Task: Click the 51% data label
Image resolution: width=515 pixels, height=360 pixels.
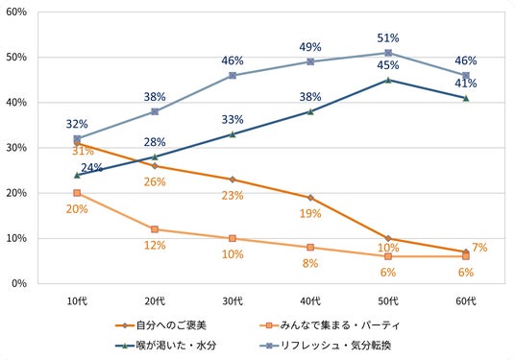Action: (x=388, y=38)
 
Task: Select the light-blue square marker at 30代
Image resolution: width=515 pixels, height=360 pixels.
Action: (x=233, y=76)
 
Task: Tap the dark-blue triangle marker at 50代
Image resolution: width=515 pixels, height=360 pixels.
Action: (x=388, y=80)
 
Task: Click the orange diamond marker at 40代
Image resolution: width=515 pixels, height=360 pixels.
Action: (x=310, y=198)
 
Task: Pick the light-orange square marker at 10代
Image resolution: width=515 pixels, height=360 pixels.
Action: (x=77, y=193)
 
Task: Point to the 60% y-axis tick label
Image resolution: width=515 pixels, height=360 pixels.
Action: (x=16, y=12)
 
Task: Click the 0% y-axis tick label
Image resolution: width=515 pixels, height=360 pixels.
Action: (x=19, y=283)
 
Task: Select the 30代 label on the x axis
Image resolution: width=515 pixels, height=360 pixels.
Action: (x=233, y=300)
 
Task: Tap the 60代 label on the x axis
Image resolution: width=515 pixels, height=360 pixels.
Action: (x=466, y=300)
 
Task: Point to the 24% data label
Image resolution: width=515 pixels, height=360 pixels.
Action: (x=91, y=168)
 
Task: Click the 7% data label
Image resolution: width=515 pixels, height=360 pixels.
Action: (x=479, y=248)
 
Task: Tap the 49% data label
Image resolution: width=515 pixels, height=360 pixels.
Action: (x=310, y=47)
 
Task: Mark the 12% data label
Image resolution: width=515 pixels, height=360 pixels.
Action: (x=155, y=245)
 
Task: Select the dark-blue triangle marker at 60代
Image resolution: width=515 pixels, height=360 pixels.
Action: (x=466, y=98)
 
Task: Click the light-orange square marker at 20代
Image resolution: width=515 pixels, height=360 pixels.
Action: (x=155, y=229)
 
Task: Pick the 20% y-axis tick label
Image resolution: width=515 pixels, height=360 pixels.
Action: (x=16, y=193)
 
